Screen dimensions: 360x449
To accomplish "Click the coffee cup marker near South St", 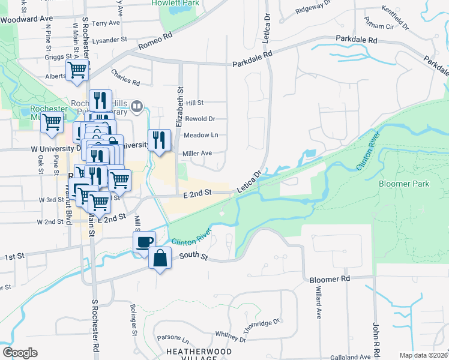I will pos(143,242).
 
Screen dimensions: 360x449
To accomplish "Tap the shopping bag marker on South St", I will pos(160,259).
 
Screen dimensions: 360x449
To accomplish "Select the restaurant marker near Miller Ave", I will pos(158,140).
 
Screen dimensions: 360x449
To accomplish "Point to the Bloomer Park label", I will pos(404,184).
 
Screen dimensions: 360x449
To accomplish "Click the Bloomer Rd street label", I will pos(330,279).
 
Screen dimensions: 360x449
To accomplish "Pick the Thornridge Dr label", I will pos(261,323).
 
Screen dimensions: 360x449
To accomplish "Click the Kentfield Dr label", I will pos(396,11).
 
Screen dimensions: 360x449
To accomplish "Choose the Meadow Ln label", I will pos(201,135).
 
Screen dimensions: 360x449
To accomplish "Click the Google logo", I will pos(20,353).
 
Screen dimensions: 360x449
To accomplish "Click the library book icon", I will pos(137,107).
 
